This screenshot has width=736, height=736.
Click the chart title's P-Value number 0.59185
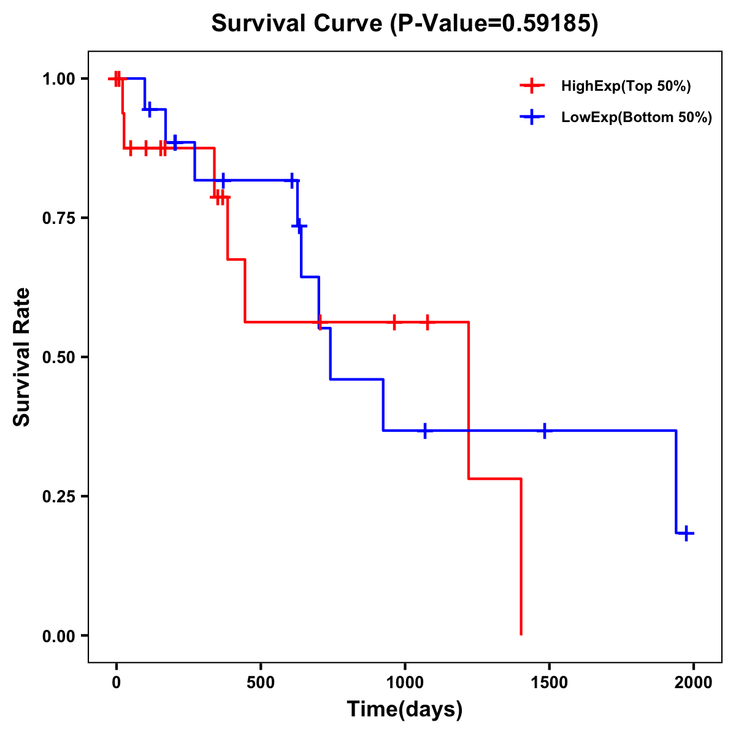point(547,24)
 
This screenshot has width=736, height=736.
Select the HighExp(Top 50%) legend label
point(626,86)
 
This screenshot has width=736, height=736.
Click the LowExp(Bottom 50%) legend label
point(637,118)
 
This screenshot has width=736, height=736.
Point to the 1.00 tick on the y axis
point(58,79)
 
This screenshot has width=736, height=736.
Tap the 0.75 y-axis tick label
point(58,218)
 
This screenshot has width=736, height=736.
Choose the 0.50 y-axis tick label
point(58,357)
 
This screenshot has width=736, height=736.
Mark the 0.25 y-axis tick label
point(58,496)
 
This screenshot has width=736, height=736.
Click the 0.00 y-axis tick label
point(58,635)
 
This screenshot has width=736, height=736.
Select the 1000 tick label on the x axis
point(405,682)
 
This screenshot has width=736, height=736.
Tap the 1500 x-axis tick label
point(549,682)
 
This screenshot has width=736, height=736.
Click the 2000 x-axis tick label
point(693,682)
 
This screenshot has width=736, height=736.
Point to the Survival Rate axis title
point(22,357)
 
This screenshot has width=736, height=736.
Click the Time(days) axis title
point(405,710)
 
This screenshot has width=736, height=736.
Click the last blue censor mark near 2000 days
point(686,533)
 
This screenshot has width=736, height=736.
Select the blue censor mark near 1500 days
point(544,431)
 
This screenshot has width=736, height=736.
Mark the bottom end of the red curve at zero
point(521,634)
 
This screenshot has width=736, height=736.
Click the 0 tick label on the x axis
point(116,682)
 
